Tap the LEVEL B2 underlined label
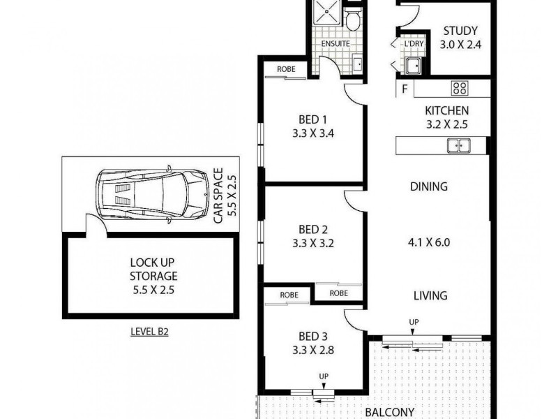click(x=150, y=332)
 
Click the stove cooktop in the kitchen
click(x=460, y=88)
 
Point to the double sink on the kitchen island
click(x=458, y=145)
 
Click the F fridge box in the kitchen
click(x=404, y=89)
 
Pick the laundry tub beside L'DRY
click(x=413, y=66)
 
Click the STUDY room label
click(x=460, y=31)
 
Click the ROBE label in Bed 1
click(x=285, y=69)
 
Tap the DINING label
click(x=429, y=186)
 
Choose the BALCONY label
click(x=391, y=412)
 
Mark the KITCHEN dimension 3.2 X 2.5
click(x=446, y=125)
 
